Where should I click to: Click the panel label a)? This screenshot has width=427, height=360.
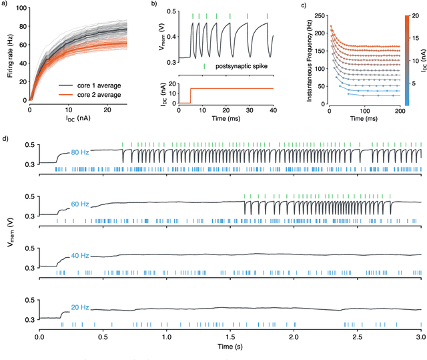[5, 5]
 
